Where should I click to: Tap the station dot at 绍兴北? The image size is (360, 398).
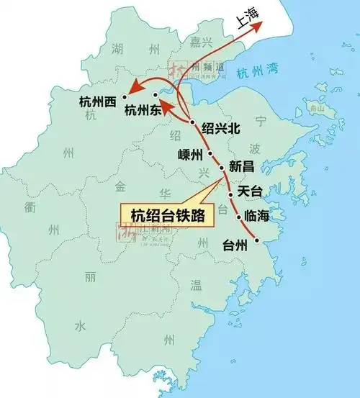tap(193, 123)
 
